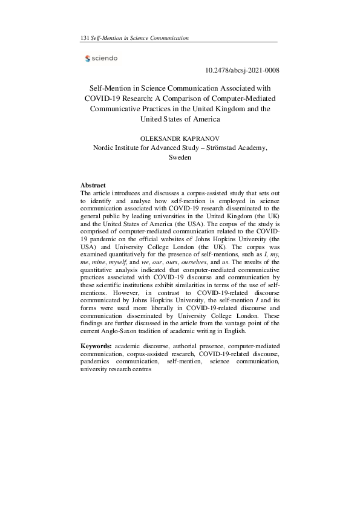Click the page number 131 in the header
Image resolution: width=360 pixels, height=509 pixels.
click(84, 38)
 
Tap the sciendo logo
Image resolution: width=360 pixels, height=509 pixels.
click(102, 59)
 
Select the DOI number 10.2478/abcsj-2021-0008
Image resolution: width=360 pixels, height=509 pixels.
click(239, 71)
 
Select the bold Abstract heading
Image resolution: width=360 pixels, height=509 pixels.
click(93, 185)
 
